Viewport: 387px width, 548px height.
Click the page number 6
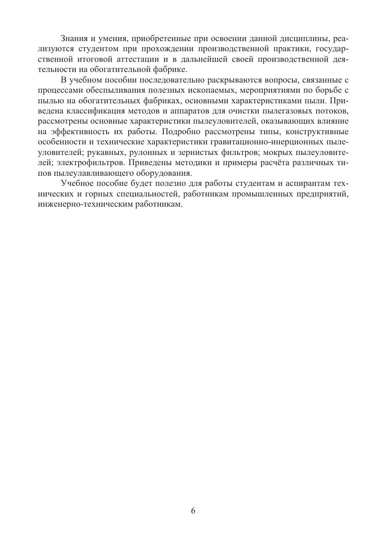pyautogui.click(x=193, y=511)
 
